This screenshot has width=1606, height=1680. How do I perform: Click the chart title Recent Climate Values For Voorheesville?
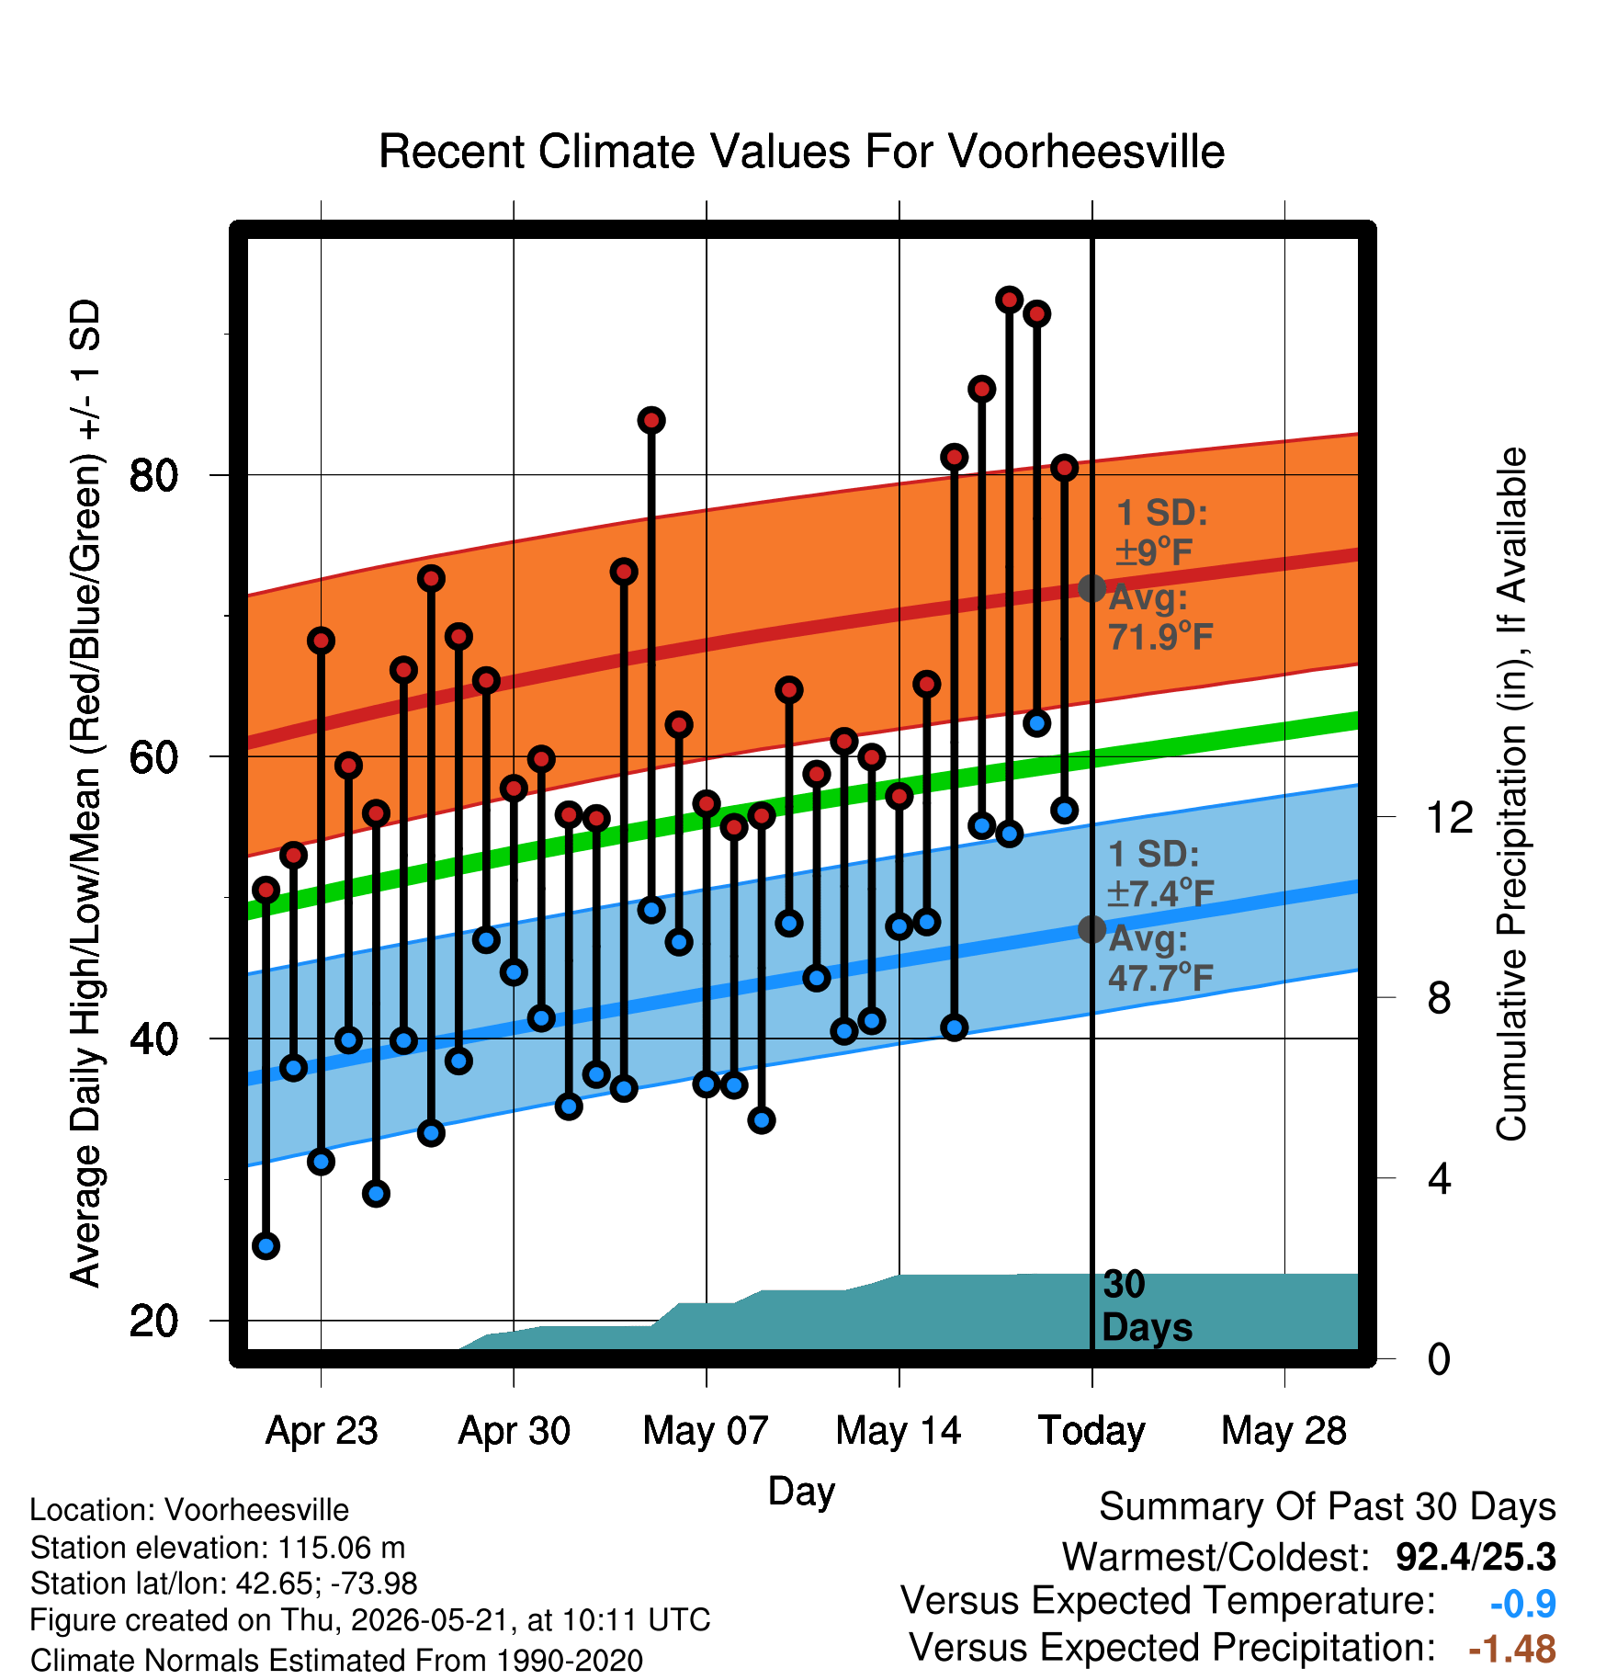801,152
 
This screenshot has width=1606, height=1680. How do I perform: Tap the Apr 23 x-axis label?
322,1431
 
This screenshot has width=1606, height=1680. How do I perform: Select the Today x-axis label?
1091,1431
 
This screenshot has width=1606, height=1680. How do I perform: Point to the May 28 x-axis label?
1284,1431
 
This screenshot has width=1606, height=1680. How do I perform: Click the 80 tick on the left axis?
153,475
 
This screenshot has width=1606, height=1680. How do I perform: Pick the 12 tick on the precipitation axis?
1450,817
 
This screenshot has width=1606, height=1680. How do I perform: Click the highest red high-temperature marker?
1010,300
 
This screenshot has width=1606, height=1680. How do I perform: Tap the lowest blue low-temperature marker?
266,1246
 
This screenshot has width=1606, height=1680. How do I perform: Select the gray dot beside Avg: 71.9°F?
1091,588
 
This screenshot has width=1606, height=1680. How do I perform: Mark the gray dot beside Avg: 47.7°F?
1091,929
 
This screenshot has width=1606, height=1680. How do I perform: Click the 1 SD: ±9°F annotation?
1160,533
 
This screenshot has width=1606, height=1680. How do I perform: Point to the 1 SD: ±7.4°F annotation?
1160,873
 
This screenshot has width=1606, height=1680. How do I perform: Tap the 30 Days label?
1147,1306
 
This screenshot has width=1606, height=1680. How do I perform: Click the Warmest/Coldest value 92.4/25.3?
1476,1557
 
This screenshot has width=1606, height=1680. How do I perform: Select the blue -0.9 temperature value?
1523,1604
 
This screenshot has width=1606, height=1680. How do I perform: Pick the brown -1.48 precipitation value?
1512,1650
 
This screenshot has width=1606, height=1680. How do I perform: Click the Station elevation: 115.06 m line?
218,1549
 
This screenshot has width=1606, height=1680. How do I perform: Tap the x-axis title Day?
801,1492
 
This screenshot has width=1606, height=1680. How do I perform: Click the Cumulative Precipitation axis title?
1511,794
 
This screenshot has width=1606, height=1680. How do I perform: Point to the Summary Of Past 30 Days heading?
1328,1508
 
